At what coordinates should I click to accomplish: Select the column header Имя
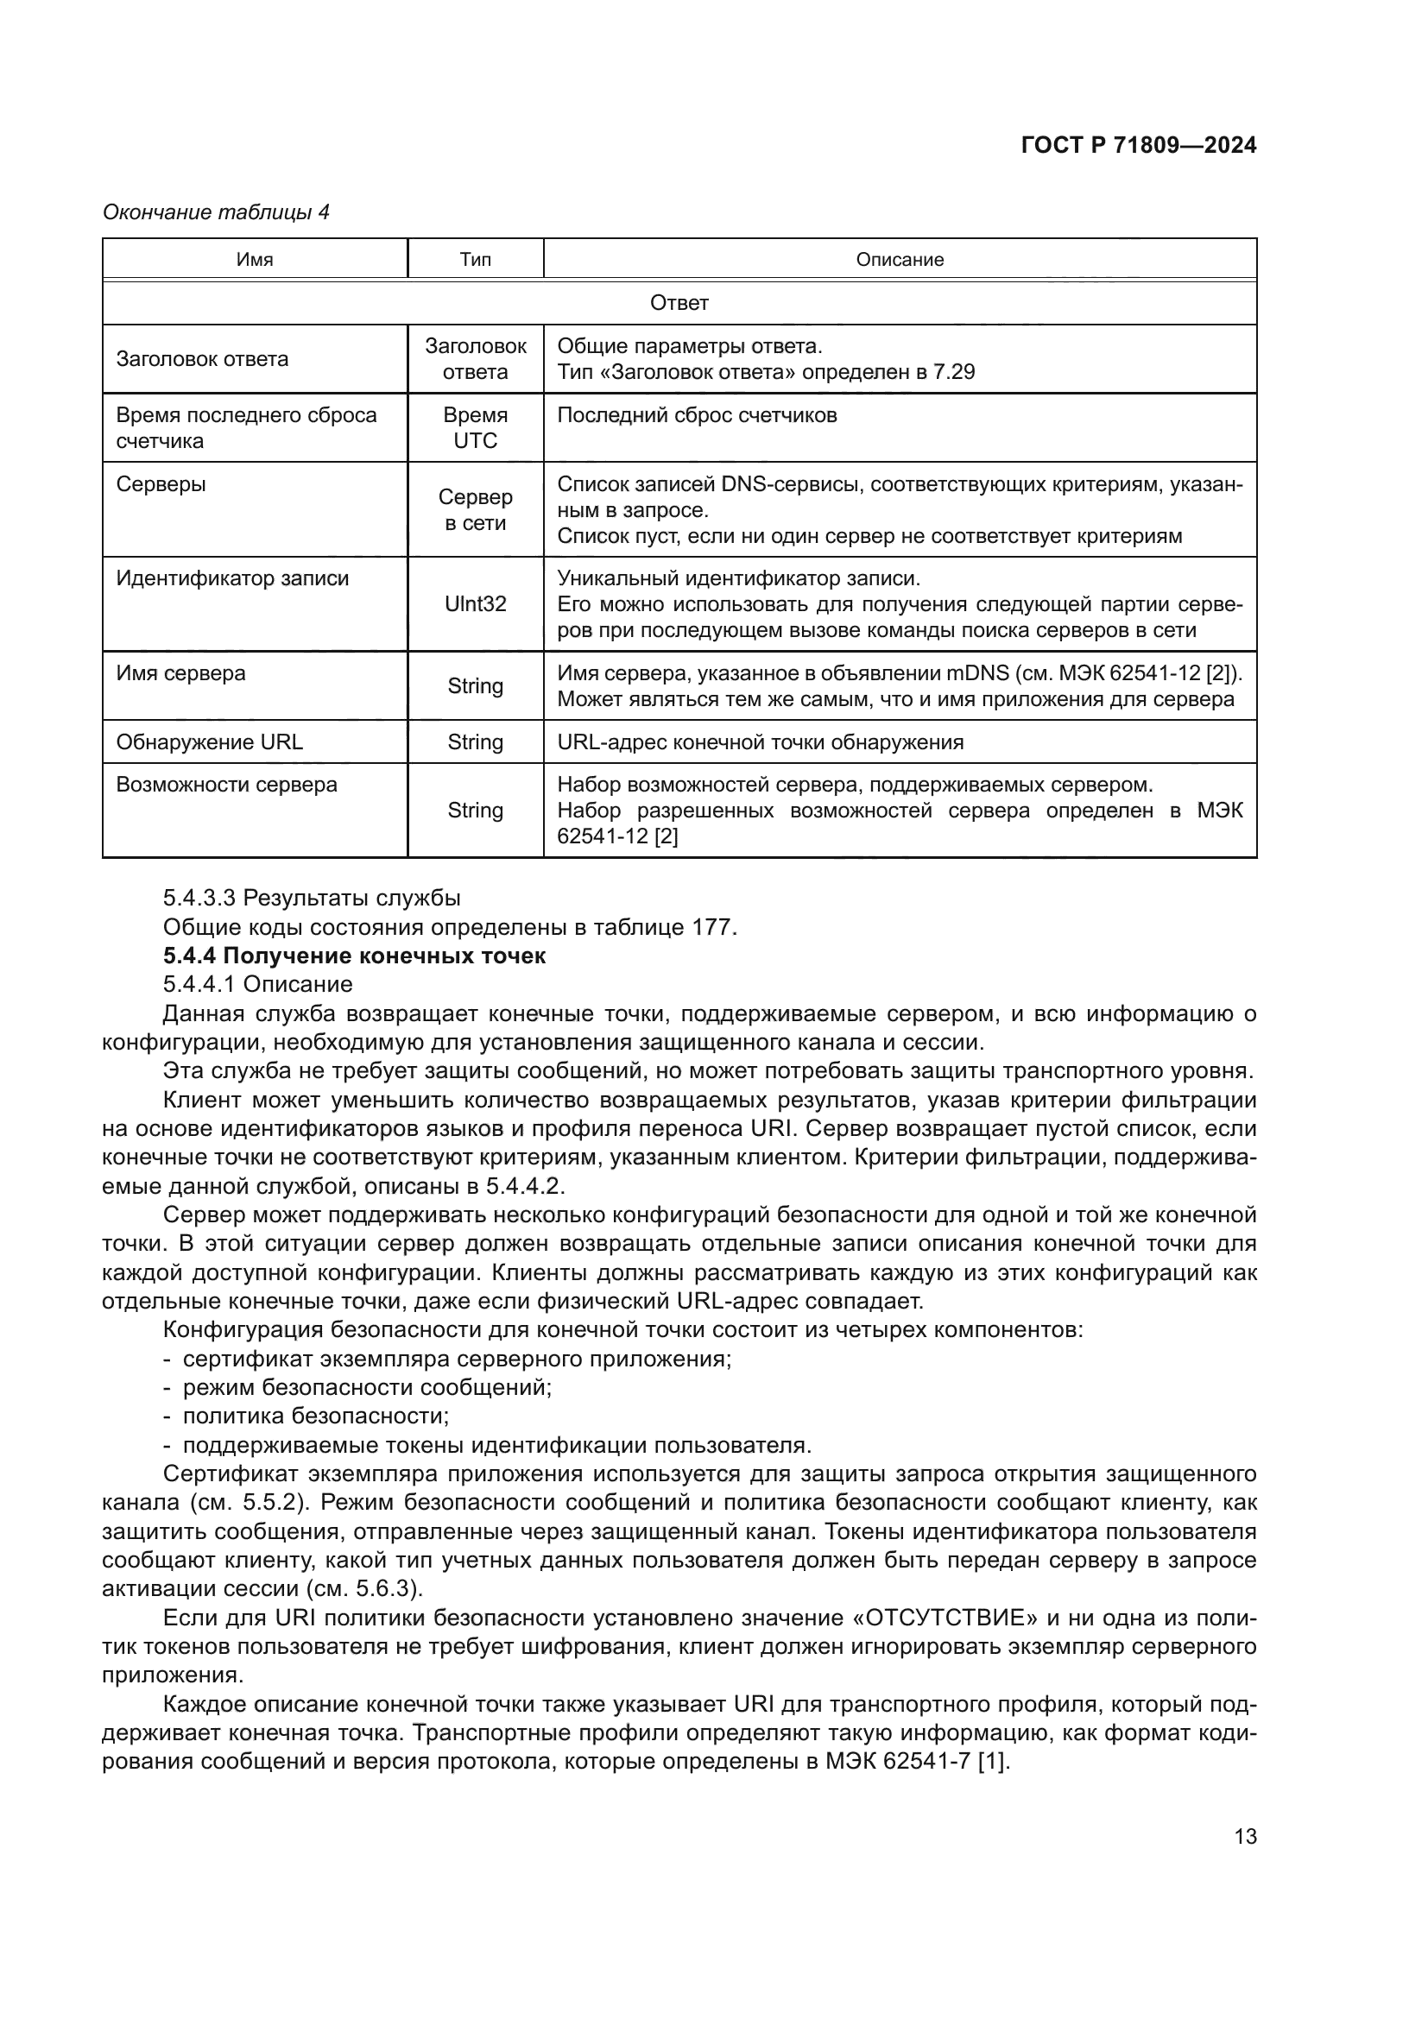pyautogui.click(x=254, y=260)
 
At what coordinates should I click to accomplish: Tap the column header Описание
pyautogui.click(x=900, y=260)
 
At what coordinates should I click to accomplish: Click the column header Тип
pyautogui.click(x=475, y=260)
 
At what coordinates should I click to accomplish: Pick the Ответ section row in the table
pyautogui.click(x=679, y=303)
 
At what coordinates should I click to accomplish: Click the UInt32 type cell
pyautogui.click(x=475, y=604)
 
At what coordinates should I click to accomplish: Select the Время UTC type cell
pyautogui.click(x=475, y=428)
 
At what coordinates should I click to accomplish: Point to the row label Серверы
pyautogui.click(x=161, y=484)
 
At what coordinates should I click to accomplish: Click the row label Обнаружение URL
pyautogui.click(x=209, y=742)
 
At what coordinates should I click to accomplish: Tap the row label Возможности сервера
pyautogui.click(x=226, y=785)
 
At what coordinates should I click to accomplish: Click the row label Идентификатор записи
pyautogui.click(x=232, y=578)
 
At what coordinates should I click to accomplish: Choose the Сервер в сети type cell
pyautogui.click(x=475, y=510)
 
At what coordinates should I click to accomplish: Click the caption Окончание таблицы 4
pyautogui.click(x=216, y=212)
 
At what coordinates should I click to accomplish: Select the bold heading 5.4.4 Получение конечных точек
pyautogui.click(x=354, y=956)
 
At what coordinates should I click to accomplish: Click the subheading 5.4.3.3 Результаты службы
pyautogui.click(x=312, y=898)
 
